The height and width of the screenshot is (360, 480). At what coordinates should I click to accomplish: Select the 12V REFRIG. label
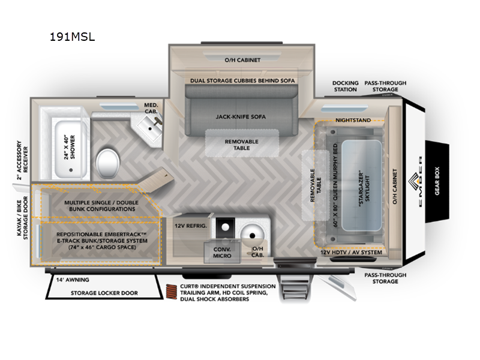pyautogui.click(x=190, y=226)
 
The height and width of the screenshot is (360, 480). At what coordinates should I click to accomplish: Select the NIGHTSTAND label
pyautogui.click(x=352, y=119)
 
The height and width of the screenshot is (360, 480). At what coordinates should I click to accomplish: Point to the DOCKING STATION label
pyautogui.click(x=346, y=86)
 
